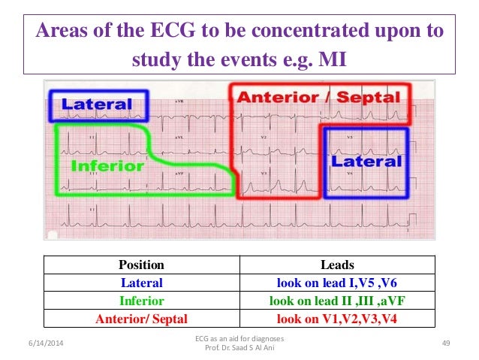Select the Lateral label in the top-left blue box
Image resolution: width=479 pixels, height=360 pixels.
point(97,105)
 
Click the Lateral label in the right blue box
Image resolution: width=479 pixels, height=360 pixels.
point(367,161)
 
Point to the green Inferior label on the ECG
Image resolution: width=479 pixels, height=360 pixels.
point(107,165)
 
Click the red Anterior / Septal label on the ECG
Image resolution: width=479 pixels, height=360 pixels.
point(319,97)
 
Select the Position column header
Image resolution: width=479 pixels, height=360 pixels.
point(141,265)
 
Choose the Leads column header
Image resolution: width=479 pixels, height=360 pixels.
point(336,265)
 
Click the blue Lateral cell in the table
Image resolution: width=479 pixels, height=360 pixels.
point(141,283)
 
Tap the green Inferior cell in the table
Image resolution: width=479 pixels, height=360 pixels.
point(141,301)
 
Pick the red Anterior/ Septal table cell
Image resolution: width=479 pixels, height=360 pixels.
point(141,319)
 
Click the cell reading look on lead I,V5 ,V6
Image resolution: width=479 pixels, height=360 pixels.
point(336,283)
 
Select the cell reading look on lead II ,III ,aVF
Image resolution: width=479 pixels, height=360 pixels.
point(336,301)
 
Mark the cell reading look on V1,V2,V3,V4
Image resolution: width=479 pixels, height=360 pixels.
point(336,319)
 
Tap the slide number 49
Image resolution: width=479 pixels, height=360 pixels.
point(445,343)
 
